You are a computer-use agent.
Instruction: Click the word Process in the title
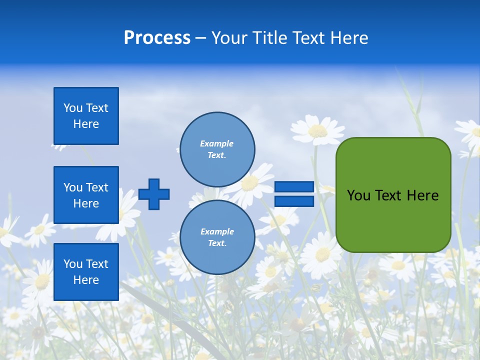point(157,38)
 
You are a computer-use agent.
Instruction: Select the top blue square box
point(86,116)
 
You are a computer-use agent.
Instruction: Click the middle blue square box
point(86,195)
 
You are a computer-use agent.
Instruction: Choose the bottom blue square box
point(86,272)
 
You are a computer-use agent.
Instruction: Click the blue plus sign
point(154,194)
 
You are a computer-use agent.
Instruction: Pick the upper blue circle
point(217,149)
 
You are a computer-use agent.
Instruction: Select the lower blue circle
point(217,237)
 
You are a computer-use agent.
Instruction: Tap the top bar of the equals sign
point(294,187)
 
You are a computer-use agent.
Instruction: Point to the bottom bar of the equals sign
point(294,201)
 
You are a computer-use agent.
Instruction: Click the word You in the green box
point(358,195)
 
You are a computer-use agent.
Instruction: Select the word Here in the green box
point(422,195)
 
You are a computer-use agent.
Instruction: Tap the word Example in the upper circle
point(216,143)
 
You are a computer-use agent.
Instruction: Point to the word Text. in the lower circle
point(217,243)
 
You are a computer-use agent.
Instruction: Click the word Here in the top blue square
point(86,124)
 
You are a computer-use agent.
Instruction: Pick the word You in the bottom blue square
point(73,264)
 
